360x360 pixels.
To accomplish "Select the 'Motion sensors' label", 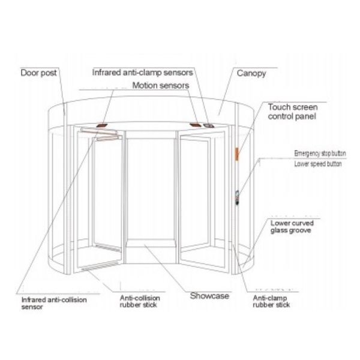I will [x=160, y=85].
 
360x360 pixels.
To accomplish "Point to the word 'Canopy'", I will [x=251, y=73].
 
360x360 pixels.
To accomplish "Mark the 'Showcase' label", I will [x=209, y=296].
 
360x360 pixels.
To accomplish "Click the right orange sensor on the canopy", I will [x=196, y=125].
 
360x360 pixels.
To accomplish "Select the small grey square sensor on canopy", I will [x=209, y=126].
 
